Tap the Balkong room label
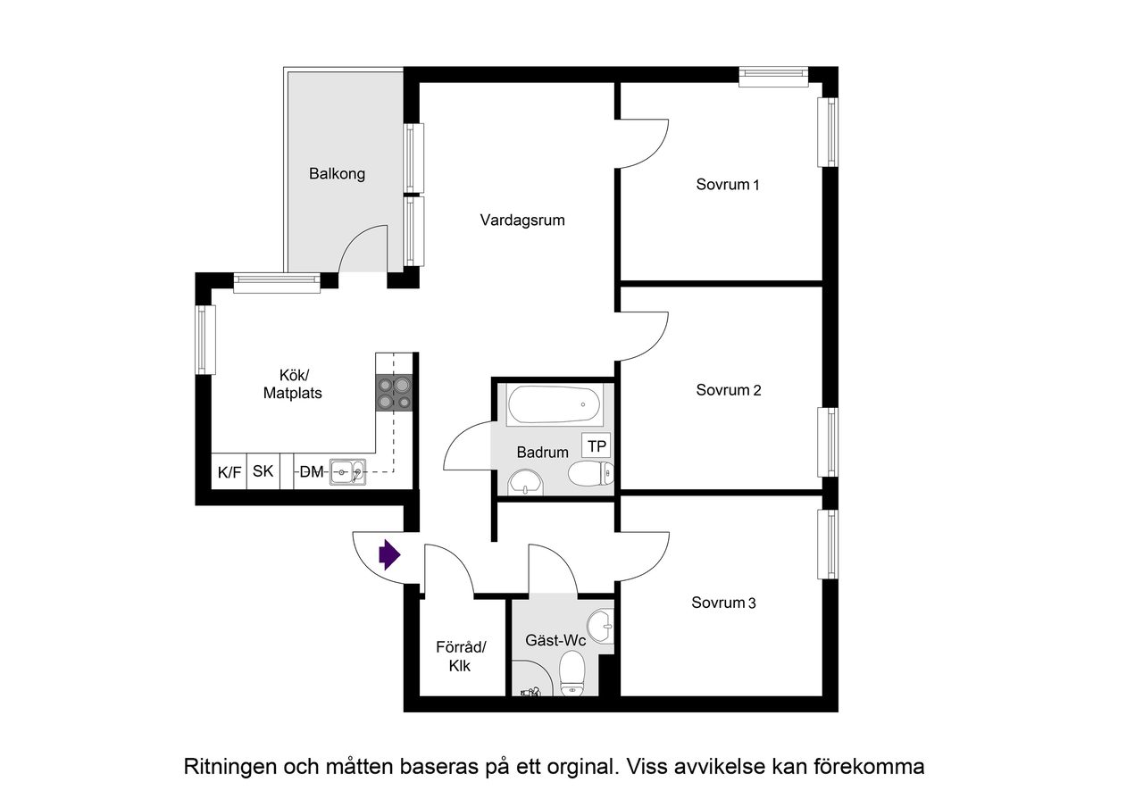coord(337,174)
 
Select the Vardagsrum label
coord(521,220)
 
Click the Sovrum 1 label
coord(727,185)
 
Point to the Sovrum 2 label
coord(728,390)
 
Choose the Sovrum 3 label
coord(723,603)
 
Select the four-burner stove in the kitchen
coord(395,393)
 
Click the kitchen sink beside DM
coord(346,470)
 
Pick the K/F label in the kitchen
coord(229,472)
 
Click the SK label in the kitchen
coord(263,471)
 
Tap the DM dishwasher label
coord(311,471)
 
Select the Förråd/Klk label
coord(459,656)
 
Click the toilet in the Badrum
coord(590,474)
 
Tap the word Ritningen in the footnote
coord(229,766)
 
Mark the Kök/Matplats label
coord(292,384)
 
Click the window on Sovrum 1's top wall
coord(773,77)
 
